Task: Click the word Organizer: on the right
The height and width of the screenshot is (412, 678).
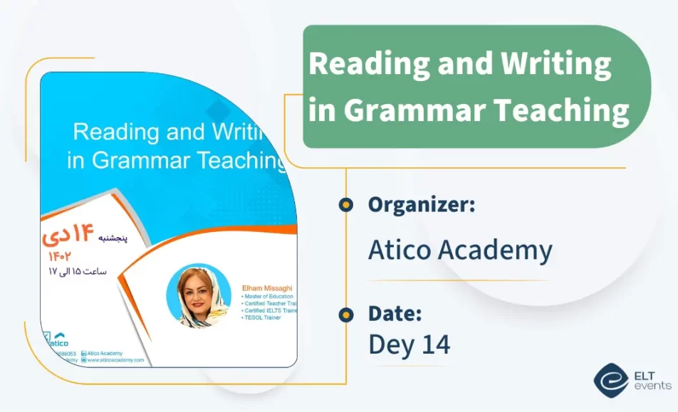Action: click(422, 205)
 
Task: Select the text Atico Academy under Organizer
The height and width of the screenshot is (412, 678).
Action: click(460, 250)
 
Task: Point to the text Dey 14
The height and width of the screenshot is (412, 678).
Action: click(409, 344)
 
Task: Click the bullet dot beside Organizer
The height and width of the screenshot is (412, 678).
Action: click(346, 205)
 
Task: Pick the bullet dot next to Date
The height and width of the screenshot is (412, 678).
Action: click(346, 314)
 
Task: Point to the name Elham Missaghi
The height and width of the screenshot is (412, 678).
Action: click(267, 288)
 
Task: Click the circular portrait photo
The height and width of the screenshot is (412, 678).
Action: click(199, 295)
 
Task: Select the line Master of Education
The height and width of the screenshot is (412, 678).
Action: click(268, 296)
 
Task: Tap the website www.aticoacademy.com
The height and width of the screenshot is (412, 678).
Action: click(115, 360)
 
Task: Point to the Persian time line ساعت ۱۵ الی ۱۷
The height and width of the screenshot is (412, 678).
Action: click(78, 271)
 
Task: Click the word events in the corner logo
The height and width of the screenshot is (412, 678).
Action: click(652, 386)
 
